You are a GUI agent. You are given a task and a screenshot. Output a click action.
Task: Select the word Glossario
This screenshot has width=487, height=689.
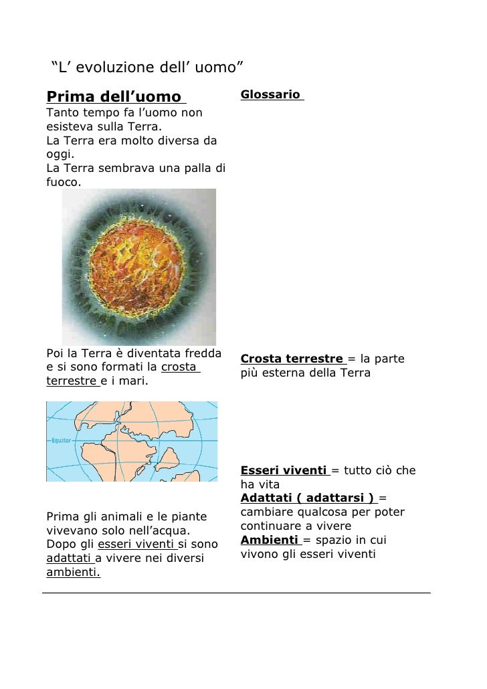(270, 95)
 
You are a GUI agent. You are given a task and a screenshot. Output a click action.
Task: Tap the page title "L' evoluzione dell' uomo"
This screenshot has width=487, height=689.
(147, 67)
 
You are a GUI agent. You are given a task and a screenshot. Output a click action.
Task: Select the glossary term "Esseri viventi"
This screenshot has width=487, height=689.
(284, 470)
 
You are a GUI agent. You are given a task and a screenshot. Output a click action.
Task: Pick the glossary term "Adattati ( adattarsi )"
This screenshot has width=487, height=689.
(307, 498)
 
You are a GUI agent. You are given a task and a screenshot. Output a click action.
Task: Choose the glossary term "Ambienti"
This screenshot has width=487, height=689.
(269, 540)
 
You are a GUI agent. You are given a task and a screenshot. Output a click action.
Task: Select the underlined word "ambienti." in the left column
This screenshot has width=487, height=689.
(73, 572)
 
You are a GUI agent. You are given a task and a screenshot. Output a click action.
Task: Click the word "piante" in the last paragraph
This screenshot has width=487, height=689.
(190, 516)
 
